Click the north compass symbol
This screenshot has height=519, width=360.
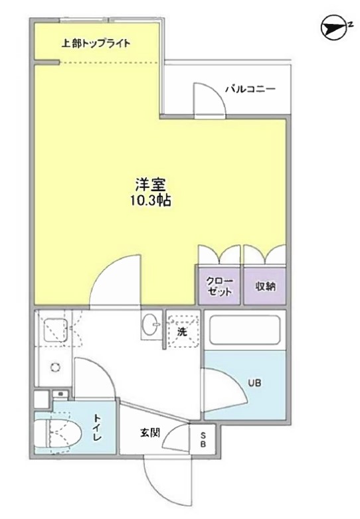point(331,27)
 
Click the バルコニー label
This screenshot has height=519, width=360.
point(249,89)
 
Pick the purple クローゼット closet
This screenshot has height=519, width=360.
point(219,286)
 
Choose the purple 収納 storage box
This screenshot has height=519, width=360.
point(266,286)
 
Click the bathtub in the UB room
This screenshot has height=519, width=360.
point(244,330)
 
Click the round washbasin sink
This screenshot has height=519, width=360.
point(151,326)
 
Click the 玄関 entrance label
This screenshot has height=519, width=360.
point(149,433)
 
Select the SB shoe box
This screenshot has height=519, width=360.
point(203,439)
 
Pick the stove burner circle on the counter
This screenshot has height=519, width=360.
point(56,367)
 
